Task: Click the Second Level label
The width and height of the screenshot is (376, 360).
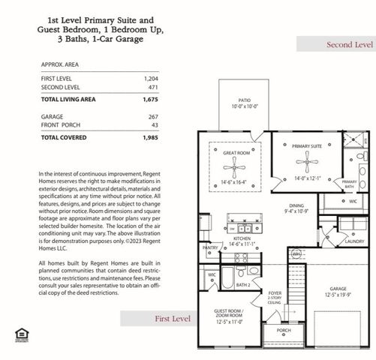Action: tap(349, 45)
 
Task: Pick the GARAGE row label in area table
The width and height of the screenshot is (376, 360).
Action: tap(53, 117)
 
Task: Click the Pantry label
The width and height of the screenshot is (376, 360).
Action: tap(211, 247)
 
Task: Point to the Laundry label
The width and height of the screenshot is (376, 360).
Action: tap(355, 241)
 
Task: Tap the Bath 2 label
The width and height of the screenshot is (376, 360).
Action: tap(243, 285)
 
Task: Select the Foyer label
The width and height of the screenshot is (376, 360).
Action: tap(275, 293)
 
